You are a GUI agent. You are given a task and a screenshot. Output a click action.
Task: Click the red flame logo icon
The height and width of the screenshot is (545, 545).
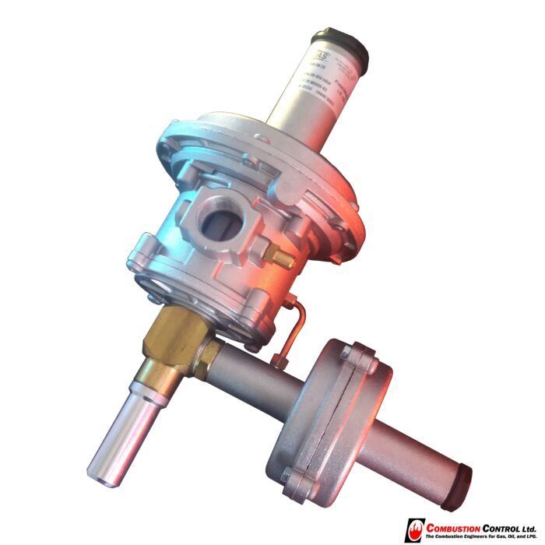click(x=414, y=530)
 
